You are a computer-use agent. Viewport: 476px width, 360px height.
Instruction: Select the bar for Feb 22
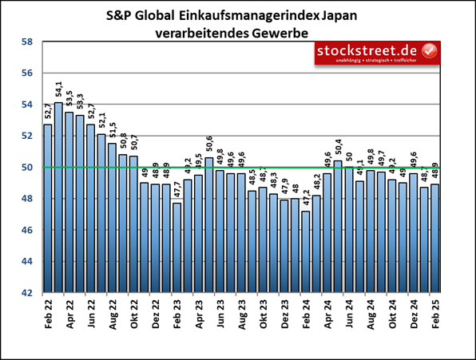click(x=47, y=208)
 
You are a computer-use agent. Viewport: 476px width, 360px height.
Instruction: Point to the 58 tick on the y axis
click(x=26, y=42)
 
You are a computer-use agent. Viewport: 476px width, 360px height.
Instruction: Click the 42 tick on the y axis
click(x=26, y=293)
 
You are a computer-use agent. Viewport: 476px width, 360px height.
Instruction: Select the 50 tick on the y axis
click(x=26, y=168)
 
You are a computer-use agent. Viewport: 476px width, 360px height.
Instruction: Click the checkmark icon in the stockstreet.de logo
click(x=429, y=50)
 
